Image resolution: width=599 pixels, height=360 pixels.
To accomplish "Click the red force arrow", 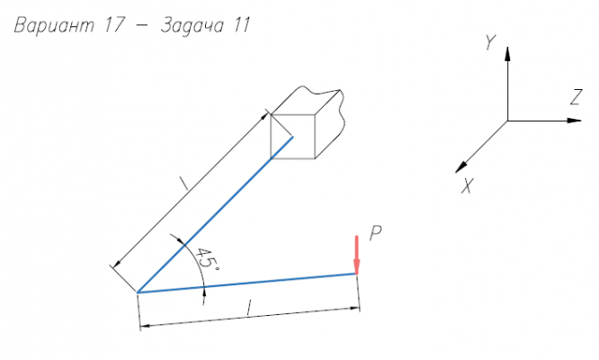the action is point(357,254).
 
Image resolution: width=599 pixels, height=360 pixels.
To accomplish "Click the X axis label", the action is point(468,186).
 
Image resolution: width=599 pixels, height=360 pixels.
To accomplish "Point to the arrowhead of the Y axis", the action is point(508,54).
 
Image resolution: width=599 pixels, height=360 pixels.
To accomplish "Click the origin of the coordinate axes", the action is point(508,121).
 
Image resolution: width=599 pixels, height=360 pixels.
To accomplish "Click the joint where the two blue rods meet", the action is point(138,292).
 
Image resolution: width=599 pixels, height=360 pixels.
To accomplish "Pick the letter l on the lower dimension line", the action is point(249,309).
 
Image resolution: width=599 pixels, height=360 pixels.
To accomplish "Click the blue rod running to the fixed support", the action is point(216,214).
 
